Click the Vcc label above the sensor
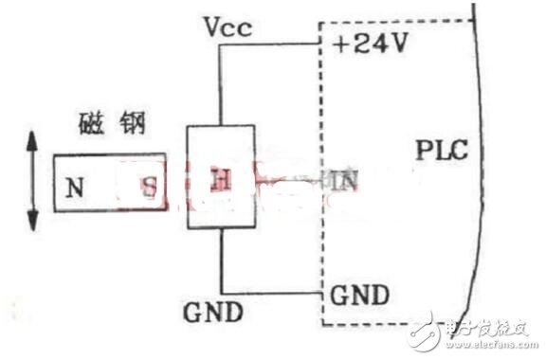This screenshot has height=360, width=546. pos(227,26)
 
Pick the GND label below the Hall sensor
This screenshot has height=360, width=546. pos(214,313)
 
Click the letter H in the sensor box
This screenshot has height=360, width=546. pos(217,176)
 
